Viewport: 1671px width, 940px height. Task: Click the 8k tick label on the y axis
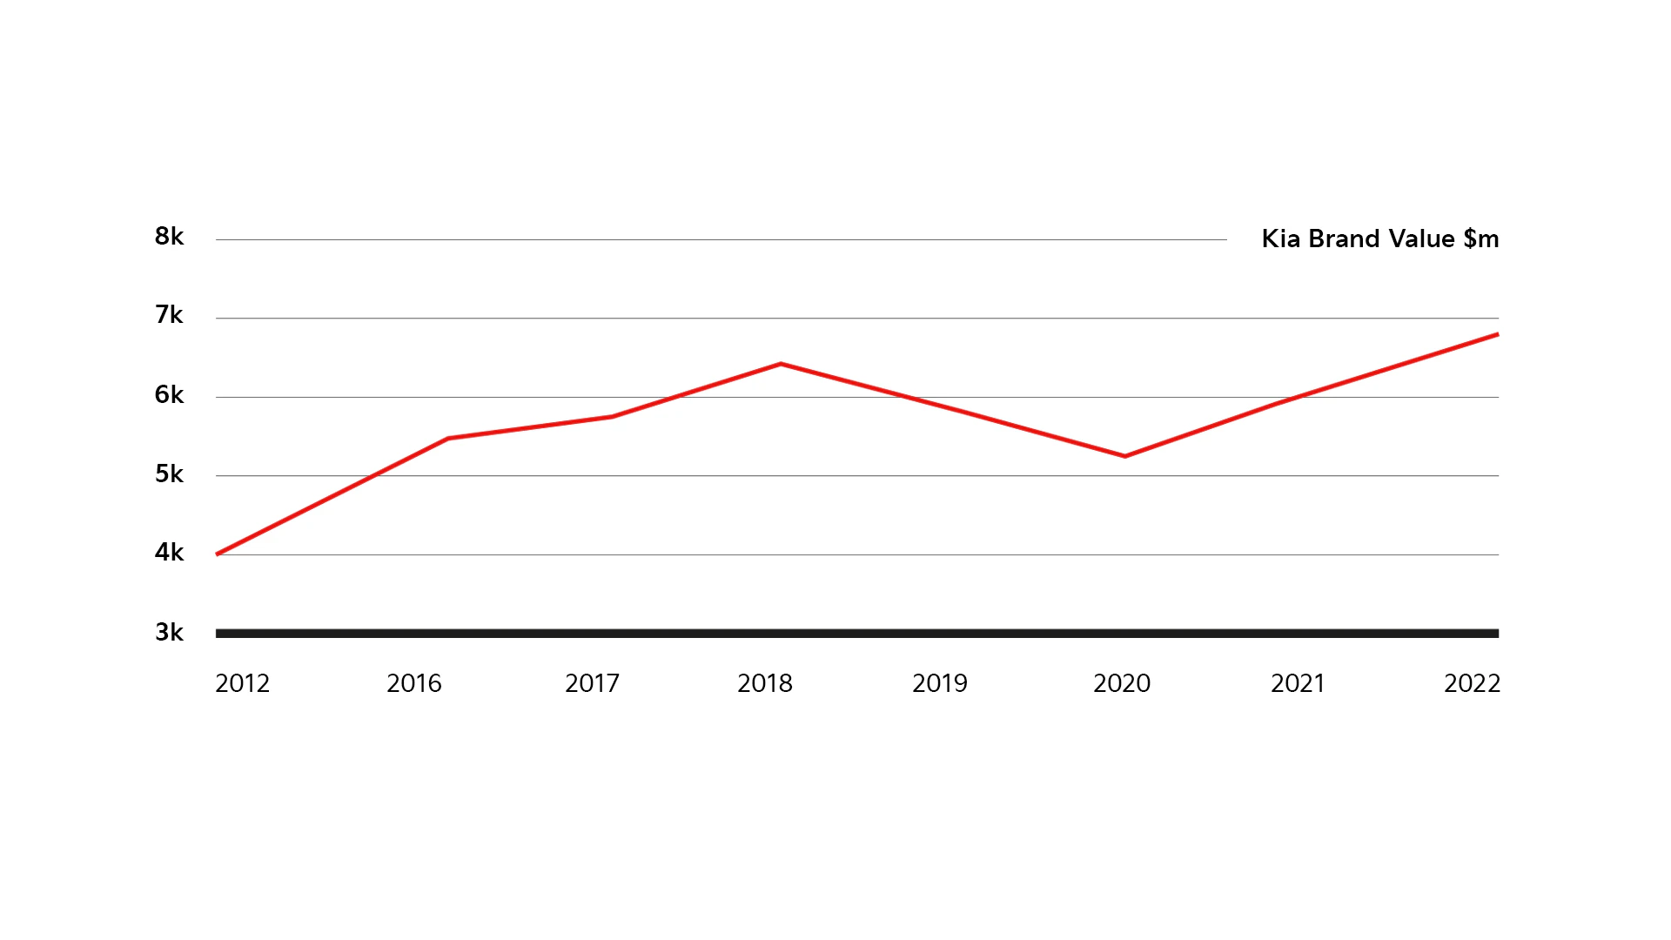coord(169,237)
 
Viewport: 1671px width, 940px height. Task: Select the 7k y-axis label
coord(169,315)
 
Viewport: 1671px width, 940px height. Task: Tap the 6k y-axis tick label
coord(169,395)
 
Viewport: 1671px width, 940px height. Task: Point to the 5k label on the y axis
coord(169,474)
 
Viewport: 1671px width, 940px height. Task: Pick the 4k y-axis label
coord(169,553)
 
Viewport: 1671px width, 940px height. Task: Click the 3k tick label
coord(169,633)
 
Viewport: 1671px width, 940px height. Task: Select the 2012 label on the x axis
coord(242,684)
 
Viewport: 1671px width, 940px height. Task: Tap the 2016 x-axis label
coord(414,684)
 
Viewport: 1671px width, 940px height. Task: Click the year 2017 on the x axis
coord(592,684)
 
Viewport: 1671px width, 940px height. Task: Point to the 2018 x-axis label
coord(765,684)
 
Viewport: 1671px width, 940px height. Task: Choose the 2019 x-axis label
coord(940,684)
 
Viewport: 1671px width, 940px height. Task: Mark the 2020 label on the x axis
coord(1122,684)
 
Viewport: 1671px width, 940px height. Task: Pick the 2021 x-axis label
coord(1298,684)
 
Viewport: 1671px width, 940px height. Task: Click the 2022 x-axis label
coord(1472,684)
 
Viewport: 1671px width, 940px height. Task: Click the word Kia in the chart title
coord(1281,239)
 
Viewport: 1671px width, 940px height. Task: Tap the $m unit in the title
coord(1481,239)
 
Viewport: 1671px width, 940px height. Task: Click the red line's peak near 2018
coord(781,364)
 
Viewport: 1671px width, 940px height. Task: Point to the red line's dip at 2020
coord(1124,456)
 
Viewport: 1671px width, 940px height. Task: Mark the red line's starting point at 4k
coord(218,554)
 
